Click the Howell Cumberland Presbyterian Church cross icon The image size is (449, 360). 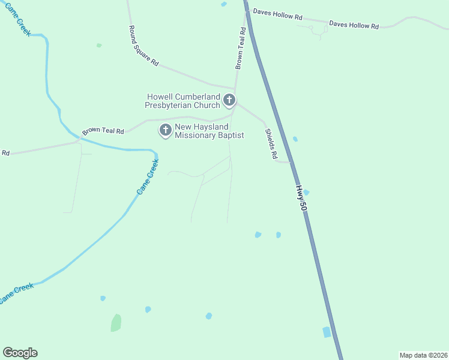(x=229, y=100)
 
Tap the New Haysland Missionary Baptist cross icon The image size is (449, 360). (x=165, y=129)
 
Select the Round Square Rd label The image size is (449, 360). (x=144, y=46)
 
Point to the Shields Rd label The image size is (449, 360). (x=271, y=144)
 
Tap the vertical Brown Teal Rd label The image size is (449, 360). (x=240, y=51)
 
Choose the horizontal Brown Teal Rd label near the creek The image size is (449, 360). (x=103, y=131)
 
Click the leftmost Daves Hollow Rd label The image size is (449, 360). (x=277, y=14)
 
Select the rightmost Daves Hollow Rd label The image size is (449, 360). (x=354, y=25)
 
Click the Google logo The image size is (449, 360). (x=20, y=353)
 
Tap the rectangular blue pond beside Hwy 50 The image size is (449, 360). (x=327, y=332)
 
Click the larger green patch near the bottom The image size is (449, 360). (x=116, y=323)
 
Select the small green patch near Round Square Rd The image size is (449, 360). (x=99, y=45)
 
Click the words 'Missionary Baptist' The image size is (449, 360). (x=209, y=136)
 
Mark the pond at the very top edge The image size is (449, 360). (x=224, y=4)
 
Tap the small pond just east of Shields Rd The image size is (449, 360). (x=295, y=139)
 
